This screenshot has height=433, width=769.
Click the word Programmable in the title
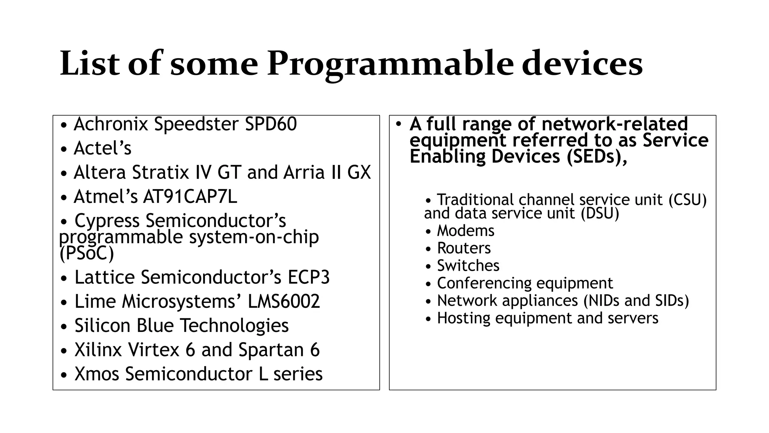389,64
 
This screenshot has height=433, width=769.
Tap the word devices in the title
582,64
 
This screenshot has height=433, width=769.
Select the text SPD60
270,124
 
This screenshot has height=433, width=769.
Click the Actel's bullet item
103,148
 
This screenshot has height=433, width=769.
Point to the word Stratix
160,173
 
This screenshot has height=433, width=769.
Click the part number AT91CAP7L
190,197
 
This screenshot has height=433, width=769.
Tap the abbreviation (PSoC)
87,253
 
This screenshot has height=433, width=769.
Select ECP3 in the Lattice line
308,277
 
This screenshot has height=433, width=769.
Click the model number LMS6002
283,301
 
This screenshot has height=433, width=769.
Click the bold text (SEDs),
597,156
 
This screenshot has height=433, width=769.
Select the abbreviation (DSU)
600,213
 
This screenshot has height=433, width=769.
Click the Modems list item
466,231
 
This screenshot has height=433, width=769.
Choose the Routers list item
464,248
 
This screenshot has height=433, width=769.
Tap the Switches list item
468,266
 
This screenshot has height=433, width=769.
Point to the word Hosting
463,318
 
